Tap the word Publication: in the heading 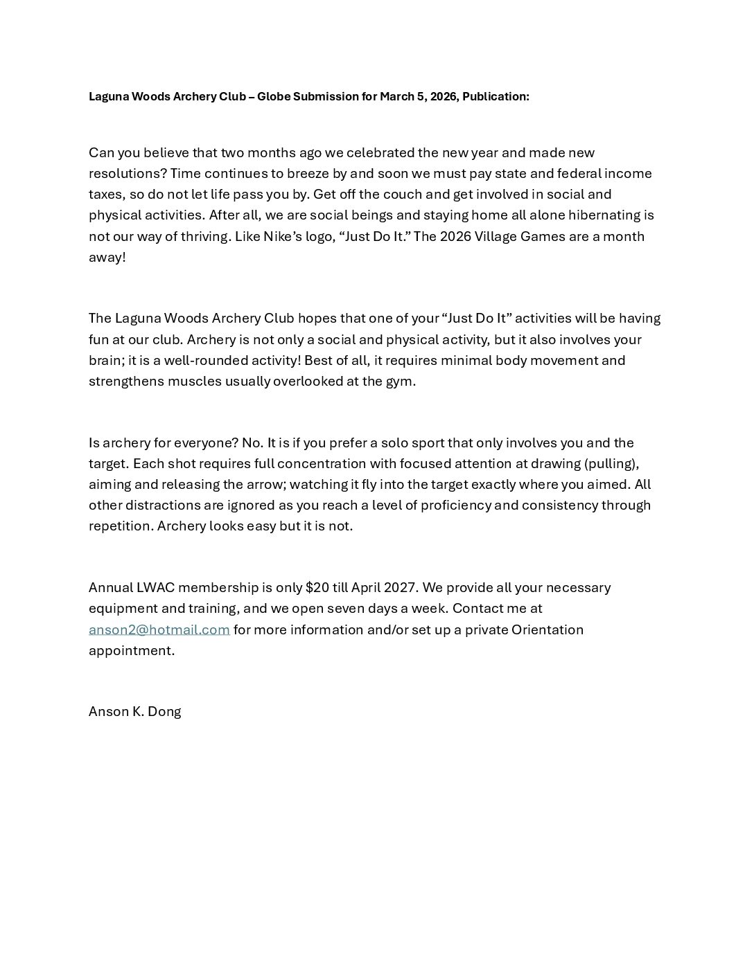pos(496,97)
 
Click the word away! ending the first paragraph pos(107,257)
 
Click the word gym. pos(401,381)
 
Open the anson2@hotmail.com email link pos(159,629)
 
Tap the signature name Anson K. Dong pos(135,711)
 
